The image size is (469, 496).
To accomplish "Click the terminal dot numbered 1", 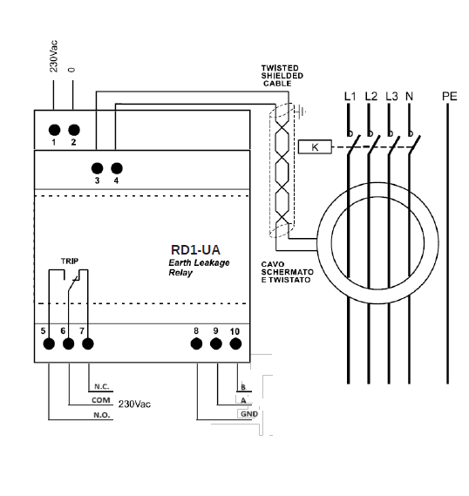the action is click(x=54, y=130).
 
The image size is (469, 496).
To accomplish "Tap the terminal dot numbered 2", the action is click(x=74, y=130).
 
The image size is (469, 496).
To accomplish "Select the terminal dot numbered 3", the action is click(x=97, y=168).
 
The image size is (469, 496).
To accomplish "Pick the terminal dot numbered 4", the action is click(x=117, y=168).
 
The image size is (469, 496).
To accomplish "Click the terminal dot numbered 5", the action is click(x=49, y=343).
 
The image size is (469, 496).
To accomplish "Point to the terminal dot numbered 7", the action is click(x=88, y=343).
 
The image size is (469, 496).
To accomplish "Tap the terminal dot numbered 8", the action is click(x=196, y=343).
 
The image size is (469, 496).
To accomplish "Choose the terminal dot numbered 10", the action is click(x=235, y=343).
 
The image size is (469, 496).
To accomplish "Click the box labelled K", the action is click(x=315, y=146).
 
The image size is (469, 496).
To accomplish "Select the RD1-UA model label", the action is click(x=195, y=250).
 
